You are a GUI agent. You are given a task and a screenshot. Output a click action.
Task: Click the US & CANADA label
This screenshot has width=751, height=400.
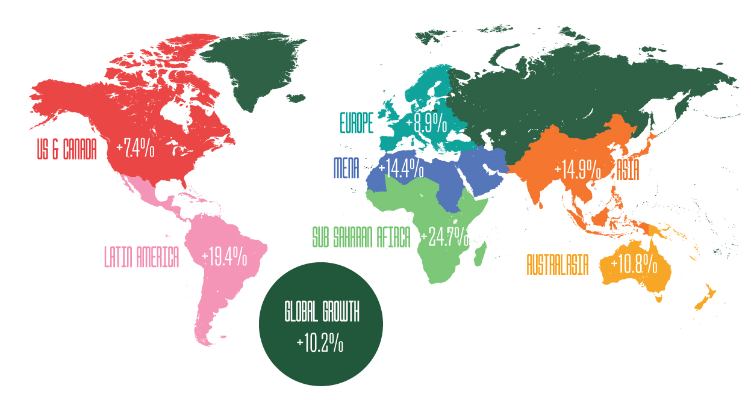[x=66, y=150]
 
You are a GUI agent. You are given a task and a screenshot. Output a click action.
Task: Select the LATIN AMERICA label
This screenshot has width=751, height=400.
[x=142, y=257]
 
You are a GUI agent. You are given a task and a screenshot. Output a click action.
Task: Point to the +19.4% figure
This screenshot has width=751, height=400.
[x=224, y=257]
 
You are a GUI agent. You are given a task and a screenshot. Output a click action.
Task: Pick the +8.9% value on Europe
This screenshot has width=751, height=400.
[x=426, y=124]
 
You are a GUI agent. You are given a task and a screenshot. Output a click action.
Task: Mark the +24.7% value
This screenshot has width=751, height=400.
[x=444, y=238]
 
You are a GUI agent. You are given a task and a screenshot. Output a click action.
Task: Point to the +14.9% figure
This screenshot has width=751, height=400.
[x=578, y=170]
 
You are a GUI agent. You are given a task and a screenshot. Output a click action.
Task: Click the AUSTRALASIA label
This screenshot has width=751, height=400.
[x=557, y=265]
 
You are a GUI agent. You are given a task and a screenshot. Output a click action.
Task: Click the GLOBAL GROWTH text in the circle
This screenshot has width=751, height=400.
[x=322, y=313]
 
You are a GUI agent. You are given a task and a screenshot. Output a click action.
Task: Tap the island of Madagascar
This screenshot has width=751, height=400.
[x=480, y=254]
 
